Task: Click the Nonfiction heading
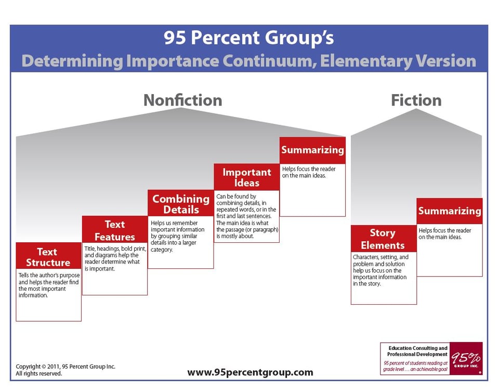tap(182, 100)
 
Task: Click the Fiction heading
tap(416, 100)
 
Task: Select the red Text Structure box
tap(48, 257)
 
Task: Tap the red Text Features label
tap(115, 230)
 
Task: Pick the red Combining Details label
tap(181, 204)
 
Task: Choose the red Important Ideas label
tap(247, 177)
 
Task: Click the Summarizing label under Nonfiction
tap(312, 150)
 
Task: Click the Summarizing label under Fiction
tap(450, 211)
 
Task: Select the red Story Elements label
tap(383, 239)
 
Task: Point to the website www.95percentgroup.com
tap(250, 372)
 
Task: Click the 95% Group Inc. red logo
tap(466, 358)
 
